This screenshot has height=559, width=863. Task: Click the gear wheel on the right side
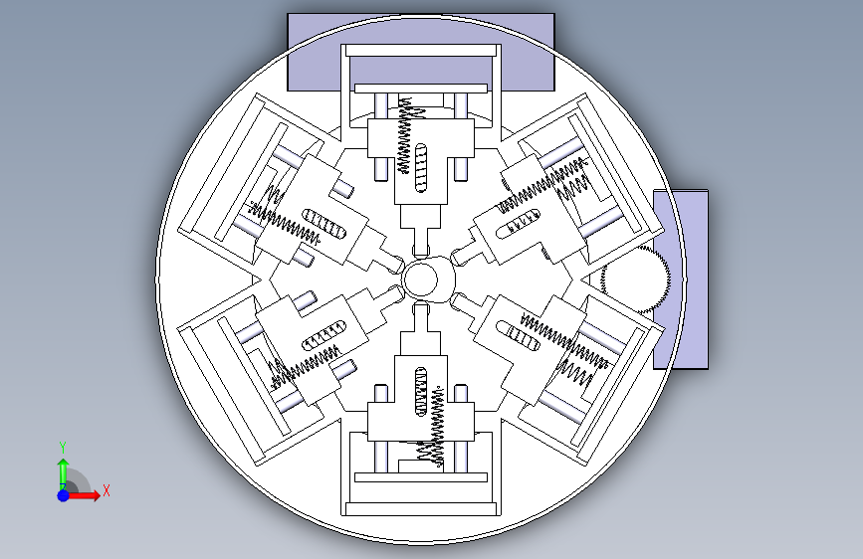click(636, 280)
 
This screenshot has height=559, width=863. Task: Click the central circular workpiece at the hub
click(422, 279)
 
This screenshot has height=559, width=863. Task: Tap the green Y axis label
click(63, 447)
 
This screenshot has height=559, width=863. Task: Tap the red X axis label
click(107, 490)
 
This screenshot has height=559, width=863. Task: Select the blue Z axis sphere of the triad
click(64, 495)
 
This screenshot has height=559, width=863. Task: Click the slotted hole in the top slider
click(421, 168)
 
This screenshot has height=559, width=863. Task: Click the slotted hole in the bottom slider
click(421, 391)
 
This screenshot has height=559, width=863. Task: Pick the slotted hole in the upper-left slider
click(324, 224)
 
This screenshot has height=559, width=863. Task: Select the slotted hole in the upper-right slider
click(518, 224)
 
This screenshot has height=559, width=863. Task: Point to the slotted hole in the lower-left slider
click(324, 335)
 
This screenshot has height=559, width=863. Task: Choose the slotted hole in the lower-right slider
click(518, 336)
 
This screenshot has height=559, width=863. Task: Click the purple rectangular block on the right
click(681, 279)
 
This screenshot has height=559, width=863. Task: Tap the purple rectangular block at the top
click(421, 53)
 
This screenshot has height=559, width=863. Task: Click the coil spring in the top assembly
click(407, 135)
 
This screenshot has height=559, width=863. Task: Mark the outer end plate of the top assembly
click(421, 51)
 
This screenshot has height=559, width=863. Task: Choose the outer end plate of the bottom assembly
click(421, 509)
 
